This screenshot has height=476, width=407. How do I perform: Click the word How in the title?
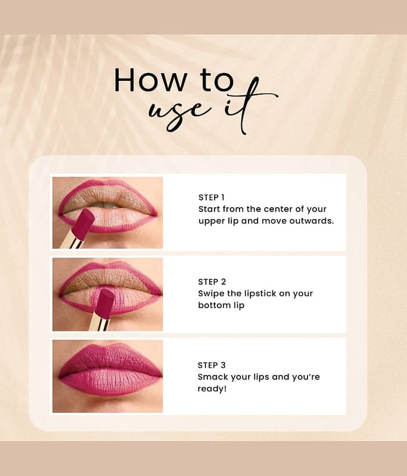click(x=150, y=80)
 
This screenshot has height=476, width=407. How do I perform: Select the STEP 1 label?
click(x=212, y=198)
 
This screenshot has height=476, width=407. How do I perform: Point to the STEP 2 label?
click(x=212, y=281)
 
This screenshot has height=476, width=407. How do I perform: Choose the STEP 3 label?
click(x=212, y=365)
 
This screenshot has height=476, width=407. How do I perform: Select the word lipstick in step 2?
click(x=260, y=294)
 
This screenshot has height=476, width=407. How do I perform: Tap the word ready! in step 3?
click(x=212, y=389)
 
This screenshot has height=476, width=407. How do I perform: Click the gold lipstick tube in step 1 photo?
click(x=72, y=240)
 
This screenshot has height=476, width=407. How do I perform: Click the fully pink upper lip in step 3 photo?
click(x=111, y=359)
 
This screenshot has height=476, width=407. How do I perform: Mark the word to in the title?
click(x=217, y=80)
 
